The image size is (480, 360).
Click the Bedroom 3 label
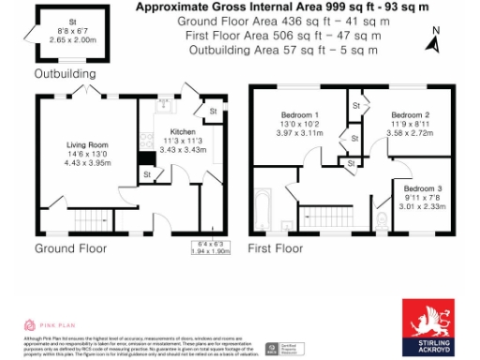(423, 187)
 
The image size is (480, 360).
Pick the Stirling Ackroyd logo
(429, 327)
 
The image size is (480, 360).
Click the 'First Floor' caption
(276, 249)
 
